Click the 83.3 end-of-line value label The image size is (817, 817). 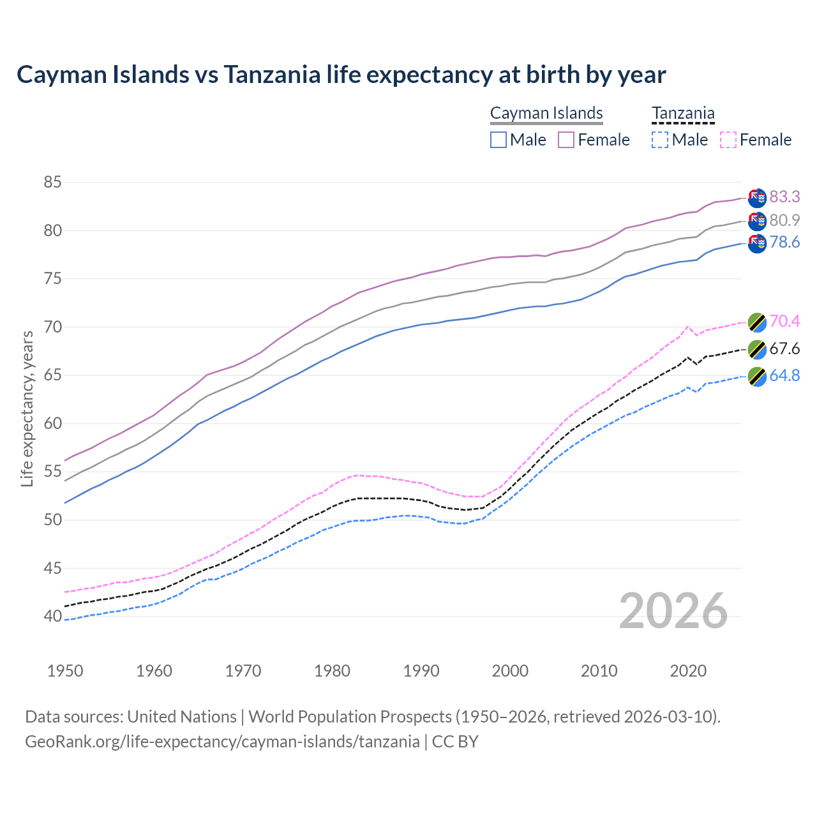coord(784,197)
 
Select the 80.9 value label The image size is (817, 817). coord(784,220)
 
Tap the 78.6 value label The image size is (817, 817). coord(784,242)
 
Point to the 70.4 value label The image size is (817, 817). coord(784,321)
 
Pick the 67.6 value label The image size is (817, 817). coord(784,349)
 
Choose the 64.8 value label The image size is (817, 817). coord(784,375)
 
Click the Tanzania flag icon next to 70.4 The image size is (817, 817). coord(757,322)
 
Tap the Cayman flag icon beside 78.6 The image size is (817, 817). coord(757,243)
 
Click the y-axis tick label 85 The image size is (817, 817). coord(52,183)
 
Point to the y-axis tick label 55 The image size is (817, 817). coord(52,472)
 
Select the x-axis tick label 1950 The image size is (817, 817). coord(65,671)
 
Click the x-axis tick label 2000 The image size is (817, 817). coord(510,671)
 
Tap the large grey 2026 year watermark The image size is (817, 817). coord(673,611)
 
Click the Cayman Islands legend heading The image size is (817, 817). coord(546,113)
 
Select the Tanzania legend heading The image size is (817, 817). coord(683,113)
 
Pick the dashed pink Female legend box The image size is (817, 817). coord(728,140)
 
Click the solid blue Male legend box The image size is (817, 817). coord(498,140)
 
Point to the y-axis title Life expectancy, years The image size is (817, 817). coord(27,408)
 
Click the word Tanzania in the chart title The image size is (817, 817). coord(272,75)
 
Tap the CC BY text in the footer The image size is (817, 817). coord(455,742)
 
